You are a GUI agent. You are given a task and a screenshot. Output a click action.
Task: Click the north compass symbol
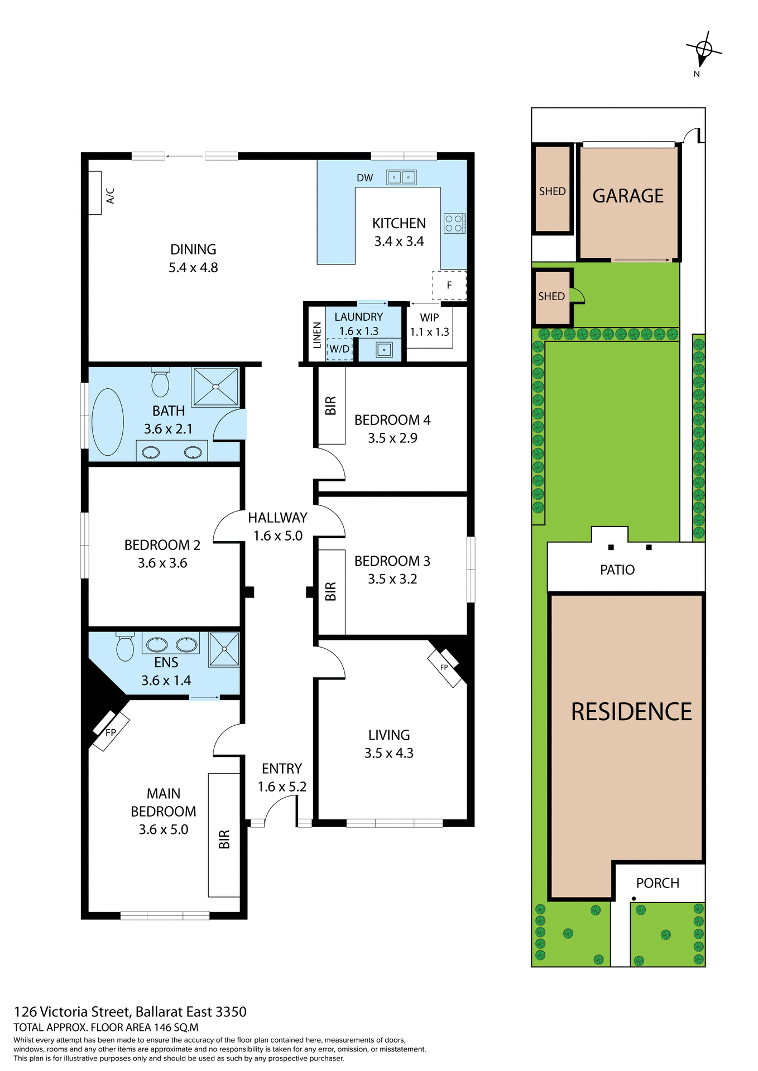703,50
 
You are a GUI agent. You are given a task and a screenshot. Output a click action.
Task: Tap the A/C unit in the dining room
95,193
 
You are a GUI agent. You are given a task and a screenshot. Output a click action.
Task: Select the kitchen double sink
401,177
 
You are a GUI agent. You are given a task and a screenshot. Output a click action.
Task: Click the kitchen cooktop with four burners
454,223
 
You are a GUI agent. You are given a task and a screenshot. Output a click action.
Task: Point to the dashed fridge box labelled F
449,285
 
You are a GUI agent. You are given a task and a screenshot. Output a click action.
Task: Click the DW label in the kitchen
364,178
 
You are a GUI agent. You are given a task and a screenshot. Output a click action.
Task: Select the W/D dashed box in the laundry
339,349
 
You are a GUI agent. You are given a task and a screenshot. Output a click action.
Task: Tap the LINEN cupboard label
317,335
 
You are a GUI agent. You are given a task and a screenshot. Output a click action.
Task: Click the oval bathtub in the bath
108,422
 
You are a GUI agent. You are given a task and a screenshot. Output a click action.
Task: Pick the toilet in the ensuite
125,647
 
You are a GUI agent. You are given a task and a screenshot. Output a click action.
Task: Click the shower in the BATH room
215,387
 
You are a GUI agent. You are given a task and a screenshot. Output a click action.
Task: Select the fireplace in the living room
444,668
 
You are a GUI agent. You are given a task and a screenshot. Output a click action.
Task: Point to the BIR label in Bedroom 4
330,406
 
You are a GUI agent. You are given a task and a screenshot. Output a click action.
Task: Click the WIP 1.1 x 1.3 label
429,325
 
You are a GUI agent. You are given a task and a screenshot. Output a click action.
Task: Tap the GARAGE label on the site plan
628,196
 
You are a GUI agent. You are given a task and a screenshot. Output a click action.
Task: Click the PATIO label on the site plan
617,570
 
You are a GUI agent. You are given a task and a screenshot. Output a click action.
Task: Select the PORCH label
658,883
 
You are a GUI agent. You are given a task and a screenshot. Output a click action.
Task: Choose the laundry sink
384,350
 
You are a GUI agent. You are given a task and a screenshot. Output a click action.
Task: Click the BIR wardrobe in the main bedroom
224,834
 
